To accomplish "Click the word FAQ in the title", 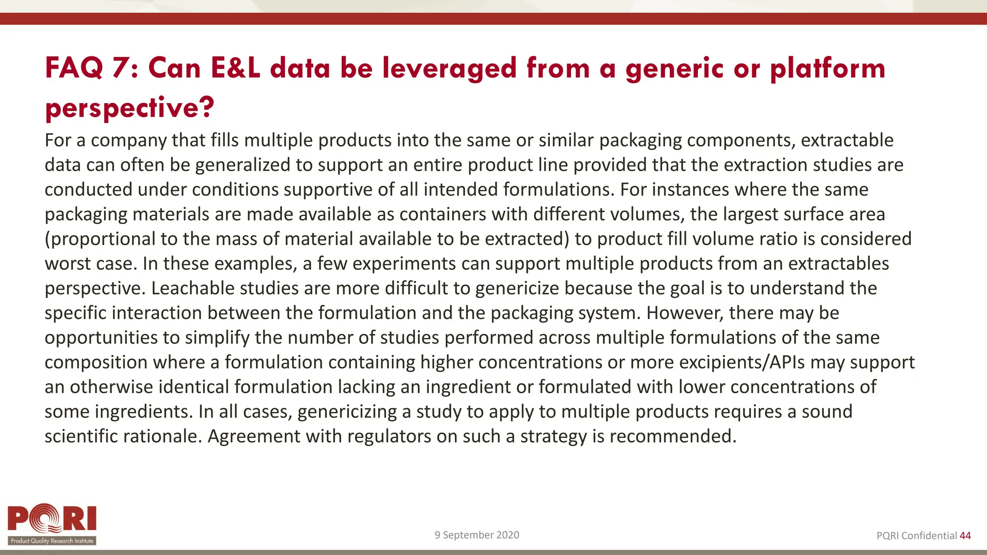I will tap(74, 68).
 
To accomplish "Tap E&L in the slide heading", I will tap(235, 68).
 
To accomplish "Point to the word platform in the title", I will tap(827, 68).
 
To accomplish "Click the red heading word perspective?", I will tap(129, 107).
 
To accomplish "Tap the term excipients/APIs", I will tap(742, 362).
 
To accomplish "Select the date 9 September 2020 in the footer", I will tap(477, 535).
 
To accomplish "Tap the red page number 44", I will tap(965, 536).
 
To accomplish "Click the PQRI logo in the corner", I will tap(52, 524).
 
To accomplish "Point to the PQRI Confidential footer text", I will tap(916, 536).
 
